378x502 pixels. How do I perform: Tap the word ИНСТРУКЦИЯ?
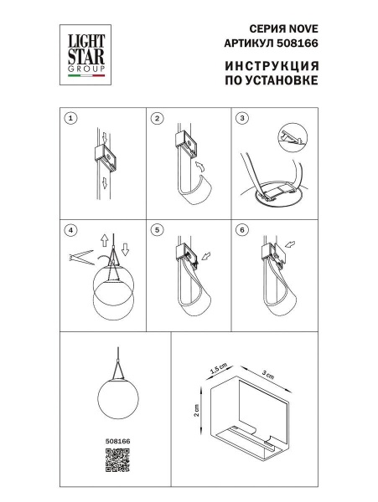pos(272,67)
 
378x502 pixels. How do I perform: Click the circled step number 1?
pos(71,119)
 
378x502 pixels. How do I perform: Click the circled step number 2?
pos(156,119)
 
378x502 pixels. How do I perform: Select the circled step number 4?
pos(71,228)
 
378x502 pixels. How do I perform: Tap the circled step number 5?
pos(156,228)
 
